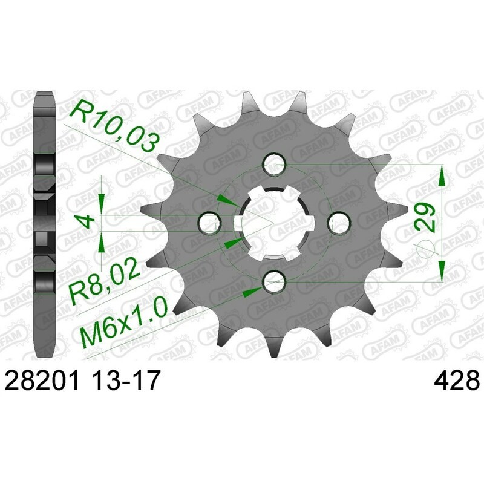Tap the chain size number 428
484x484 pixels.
[457, 382]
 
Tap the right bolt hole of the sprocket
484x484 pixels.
[339, 222]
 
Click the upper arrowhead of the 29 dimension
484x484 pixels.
[443, 175]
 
